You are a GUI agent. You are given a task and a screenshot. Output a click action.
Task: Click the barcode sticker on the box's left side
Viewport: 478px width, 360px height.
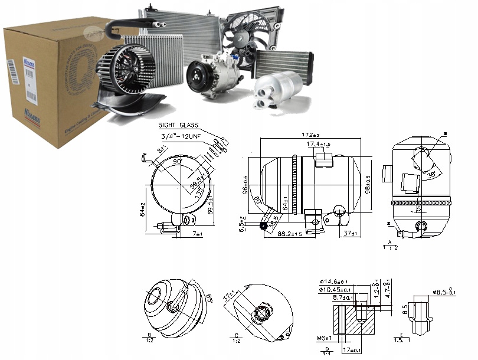click(12, 73)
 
